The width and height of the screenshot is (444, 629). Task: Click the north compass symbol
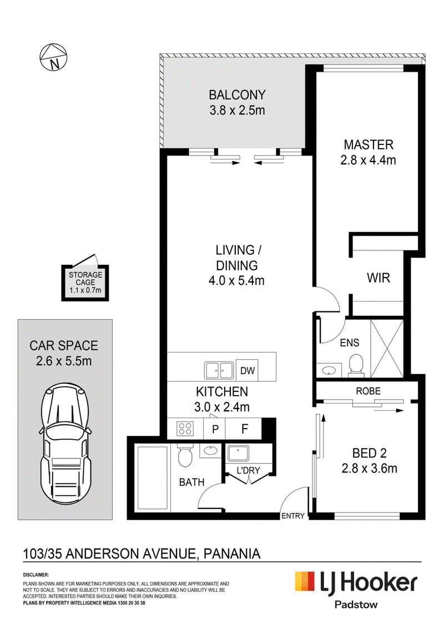pos(53,58)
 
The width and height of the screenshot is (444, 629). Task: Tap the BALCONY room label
pos(237,95)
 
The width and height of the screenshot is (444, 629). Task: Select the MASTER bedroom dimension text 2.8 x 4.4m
pos(368,160)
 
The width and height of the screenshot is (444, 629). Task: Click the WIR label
pos(378,278)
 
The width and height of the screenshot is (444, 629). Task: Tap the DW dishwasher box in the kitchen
pos(248,370)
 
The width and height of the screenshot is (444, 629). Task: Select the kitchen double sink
pos(219,370)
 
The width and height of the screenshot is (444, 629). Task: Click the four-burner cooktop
pos(185,429)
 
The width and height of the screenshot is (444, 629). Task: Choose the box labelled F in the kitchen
pos(244,429)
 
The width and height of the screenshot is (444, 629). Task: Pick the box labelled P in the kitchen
pos(215,429)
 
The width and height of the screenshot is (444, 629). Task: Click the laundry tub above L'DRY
pos(238,454)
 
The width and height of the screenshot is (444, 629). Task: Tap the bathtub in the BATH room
pos(153,477)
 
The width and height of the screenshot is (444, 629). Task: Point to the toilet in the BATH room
pos(184,456)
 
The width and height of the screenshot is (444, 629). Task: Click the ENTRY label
pos(293,516)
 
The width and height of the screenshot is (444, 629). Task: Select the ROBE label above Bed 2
pos(368,391)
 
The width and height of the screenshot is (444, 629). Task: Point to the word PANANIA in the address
pos(232,554)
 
